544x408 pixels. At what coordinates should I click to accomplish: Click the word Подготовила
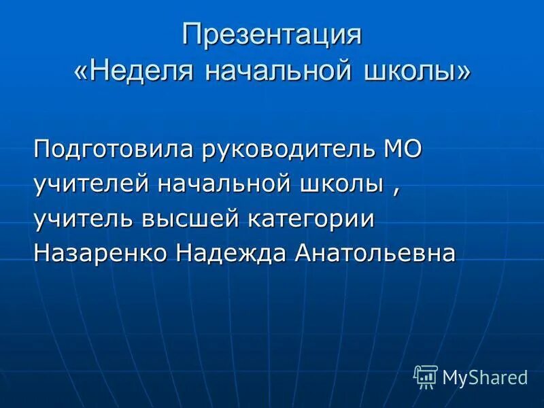point(113,149)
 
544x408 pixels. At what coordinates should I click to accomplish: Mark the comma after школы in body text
point(395,190)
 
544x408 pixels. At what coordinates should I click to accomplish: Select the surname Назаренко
point(101,253)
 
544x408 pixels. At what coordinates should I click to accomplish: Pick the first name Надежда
point(231,253)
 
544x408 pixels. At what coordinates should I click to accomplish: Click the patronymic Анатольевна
point(375,253)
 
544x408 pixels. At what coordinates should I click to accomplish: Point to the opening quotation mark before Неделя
point(81,72)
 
